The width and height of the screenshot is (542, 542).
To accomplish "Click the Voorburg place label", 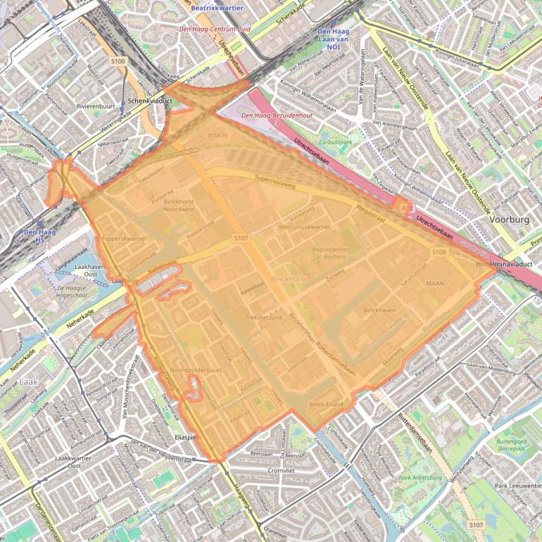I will coord(508,220).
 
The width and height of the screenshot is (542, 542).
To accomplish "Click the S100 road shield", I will coord(118,62).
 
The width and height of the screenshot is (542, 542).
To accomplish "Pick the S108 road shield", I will coord(439,251).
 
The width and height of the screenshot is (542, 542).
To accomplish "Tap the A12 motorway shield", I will coord(405,208).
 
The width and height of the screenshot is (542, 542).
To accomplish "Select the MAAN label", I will coord(435,283).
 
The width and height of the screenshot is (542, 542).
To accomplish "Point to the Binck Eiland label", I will coord(326,405).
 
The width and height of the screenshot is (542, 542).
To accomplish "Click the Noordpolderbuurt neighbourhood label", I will coord(196,370).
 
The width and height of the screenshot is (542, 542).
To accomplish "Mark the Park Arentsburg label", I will coord(420,478).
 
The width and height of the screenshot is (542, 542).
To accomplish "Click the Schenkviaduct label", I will coord(146,101).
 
